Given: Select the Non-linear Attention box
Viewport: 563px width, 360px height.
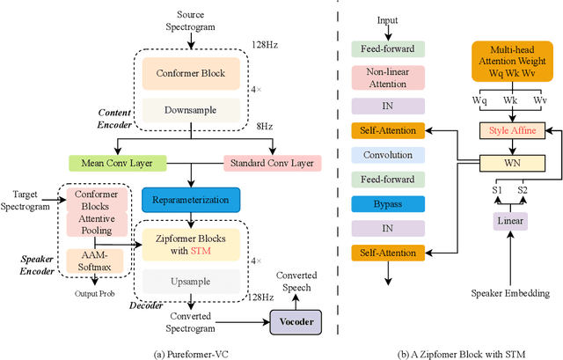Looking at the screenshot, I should point(387,77).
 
